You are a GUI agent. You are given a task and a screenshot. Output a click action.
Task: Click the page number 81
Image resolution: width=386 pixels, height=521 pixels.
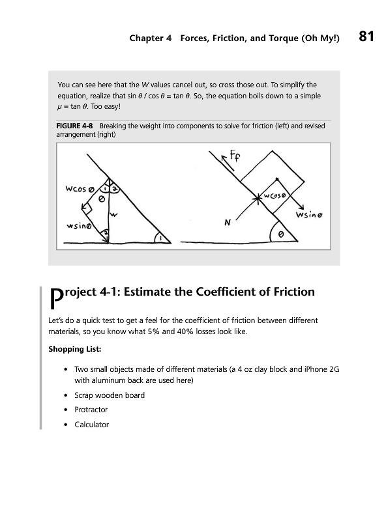(x=366, y=36)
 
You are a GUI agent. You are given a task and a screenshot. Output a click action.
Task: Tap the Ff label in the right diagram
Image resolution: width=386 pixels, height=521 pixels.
(x=235, y=155)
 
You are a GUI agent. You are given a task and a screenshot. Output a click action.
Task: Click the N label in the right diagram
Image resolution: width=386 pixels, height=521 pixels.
(x=228, y=223)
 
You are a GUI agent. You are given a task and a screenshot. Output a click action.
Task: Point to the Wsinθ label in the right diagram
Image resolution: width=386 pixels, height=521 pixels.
(x=309, y=215)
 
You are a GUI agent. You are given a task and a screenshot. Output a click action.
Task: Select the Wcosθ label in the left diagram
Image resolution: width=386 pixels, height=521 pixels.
(x=80, y=189)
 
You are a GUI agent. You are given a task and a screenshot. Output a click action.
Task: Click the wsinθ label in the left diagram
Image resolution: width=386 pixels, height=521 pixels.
(x=78, y=226)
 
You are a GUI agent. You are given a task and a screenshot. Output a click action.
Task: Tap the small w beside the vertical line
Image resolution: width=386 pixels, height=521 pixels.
(x=114, y=215)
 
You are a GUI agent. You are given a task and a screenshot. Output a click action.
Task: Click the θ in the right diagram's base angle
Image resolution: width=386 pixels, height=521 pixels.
(x=281, y=234)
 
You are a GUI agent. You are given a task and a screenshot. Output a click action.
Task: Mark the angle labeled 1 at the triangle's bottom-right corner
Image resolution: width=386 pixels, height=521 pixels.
(x=161, y=238)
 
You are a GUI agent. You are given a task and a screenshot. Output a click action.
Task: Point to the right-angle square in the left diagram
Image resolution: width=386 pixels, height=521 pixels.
(x=87, y=208)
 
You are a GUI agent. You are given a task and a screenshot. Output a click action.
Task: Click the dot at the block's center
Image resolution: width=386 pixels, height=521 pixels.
(x=277, y=179)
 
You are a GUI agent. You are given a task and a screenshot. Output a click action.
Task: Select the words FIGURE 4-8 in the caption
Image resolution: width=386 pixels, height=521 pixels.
(x=74, y=126)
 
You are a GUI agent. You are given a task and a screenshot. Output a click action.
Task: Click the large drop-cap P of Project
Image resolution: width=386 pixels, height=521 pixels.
(x=56, y=298)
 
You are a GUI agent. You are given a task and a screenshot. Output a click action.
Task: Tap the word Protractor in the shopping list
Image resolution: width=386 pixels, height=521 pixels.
(x=91, y=410)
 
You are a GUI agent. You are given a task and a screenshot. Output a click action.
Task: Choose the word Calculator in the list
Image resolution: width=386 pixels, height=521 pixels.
(x=92, y=425)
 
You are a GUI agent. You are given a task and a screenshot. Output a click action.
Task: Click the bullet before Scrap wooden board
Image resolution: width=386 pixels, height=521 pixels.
(x=66, y=395)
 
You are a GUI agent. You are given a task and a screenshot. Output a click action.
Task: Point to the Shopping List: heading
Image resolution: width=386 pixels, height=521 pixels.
(x=75, y=349)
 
